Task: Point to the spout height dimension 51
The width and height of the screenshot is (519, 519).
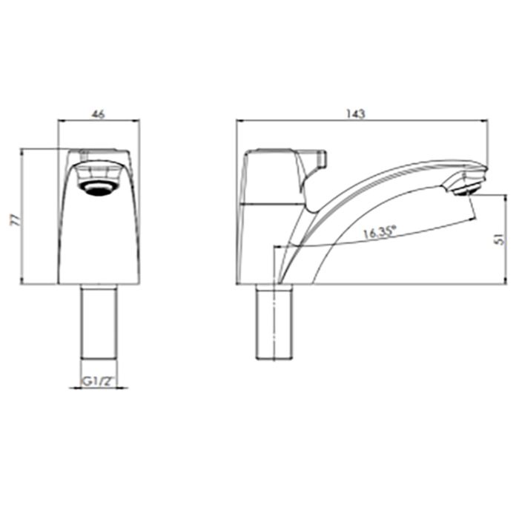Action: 501,238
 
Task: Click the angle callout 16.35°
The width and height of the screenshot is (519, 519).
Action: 379,232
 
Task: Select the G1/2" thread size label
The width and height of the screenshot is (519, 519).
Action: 99,383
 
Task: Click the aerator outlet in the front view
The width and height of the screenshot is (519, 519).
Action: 99,187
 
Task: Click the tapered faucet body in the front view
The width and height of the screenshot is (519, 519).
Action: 99,237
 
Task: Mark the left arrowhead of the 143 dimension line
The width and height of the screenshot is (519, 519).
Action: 239,120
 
